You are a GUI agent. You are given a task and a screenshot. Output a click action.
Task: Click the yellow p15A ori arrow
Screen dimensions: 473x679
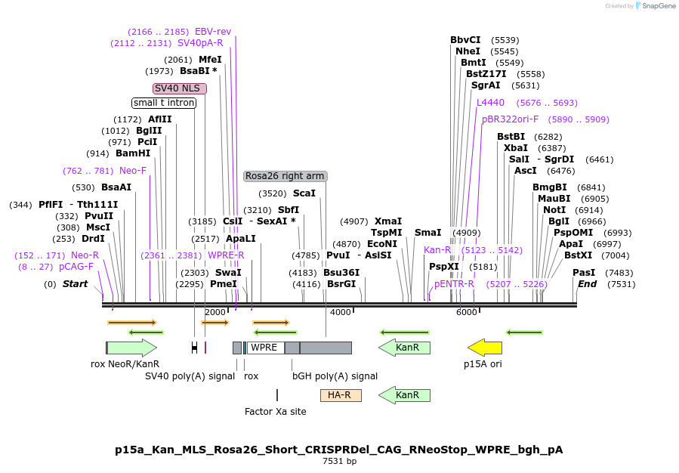pyautogui.click(x=485, y=348)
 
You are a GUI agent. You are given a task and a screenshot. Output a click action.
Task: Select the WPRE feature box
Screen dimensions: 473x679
pyautogui.click(x=265, y=348)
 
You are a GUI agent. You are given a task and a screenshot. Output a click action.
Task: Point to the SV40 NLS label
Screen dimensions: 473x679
pyautogui.click(x=180, y=88)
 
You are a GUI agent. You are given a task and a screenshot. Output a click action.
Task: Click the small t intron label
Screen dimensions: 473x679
pyautogui.click(x=164, y=103)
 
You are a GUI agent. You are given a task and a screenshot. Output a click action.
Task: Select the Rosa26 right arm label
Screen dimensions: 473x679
pyautogui.click(x=285, y=176)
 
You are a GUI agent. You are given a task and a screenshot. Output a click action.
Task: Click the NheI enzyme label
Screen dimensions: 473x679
pyautogui.click(x=468, y=51)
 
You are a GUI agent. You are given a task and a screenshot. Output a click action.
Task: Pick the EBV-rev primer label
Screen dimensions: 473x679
pyautogui.click(x=213, y=32)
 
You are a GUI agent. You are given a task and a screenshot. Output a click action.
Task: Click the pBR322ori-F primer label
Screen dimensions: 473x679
pyautogui.click(x=511, y=119)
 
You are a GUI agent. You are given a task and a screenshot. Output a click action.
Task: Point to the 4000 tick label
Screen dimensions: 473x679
pyautogui.click(x=341, y=312)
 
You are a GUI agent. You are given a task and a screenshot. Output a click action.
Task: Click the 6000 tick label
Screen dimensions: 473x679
pyautogui.click(x=467, y=312)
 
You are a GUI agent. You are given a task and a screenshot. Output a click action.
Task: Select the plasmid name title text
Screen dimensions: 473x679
pyautogui.click(x=339, y=450)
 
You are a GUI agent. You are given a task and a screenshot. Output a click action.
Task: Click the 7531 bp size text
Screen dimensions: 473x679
pyautogui.click(x=339, y=461)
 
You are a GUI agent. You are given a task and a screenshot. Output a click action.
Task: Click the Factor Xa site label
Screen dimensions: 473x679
pyautogui.click(x=276, y=412)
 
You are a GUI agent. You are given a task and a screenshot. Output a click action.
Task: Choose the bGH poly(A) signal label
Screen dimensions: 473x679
pyautogui.click(x=335, y=376)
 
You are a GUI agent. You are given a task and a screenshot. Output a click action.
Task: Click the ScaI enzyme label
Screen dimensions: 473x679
pyautogui.click(x=304, y=193)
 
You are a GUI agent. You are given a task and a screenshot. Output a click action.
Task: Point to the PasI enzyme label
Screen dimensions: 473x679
pyautogui.click(x=584, y=273)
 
